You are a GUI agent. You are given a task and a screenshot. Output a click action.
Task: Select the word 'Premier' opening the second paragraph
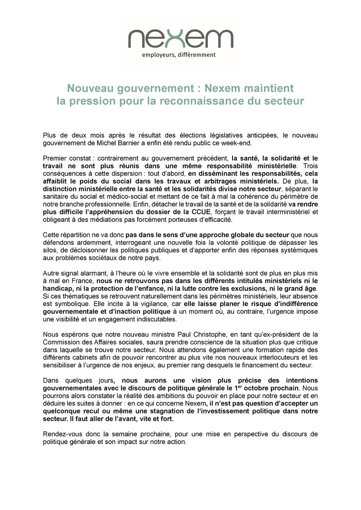[54, 158]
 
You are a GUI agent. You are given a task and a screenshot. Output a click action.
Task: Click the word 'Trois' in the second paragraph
[310, 165]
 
